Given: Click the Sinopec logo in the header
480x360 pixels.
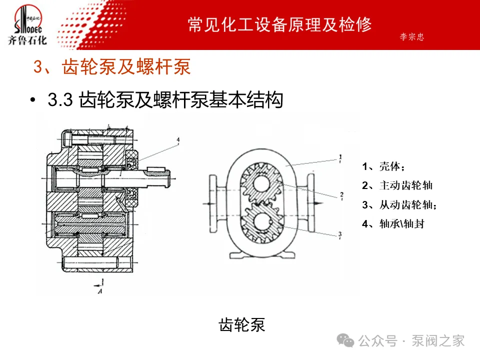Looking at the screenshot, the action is [x=27, y=25].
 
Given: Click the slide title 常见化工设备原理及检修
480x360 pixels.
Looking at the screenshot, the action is [x=280, y=24].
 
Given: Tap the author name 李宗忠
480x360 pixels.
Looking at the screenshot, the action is [x=411, y=37].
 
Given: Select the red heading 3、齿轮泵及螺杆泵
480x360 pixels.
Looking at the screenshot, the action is [x=112, y=67].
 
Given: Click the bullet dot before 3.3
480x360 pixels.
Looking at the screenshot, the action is [x=33, y=100].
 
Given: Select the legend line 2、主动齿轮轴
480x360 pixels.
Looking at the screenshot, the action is [x=397, y=185].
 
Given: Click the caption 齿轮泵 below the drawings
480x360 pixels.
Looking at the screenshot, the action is [x=242, y=325].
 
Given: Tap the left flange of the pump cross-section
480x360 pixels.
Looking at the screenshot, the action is [x=212, y=204].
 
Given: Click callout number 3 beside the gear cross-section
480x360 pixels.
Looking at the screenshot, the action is [x=340, y=233].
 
